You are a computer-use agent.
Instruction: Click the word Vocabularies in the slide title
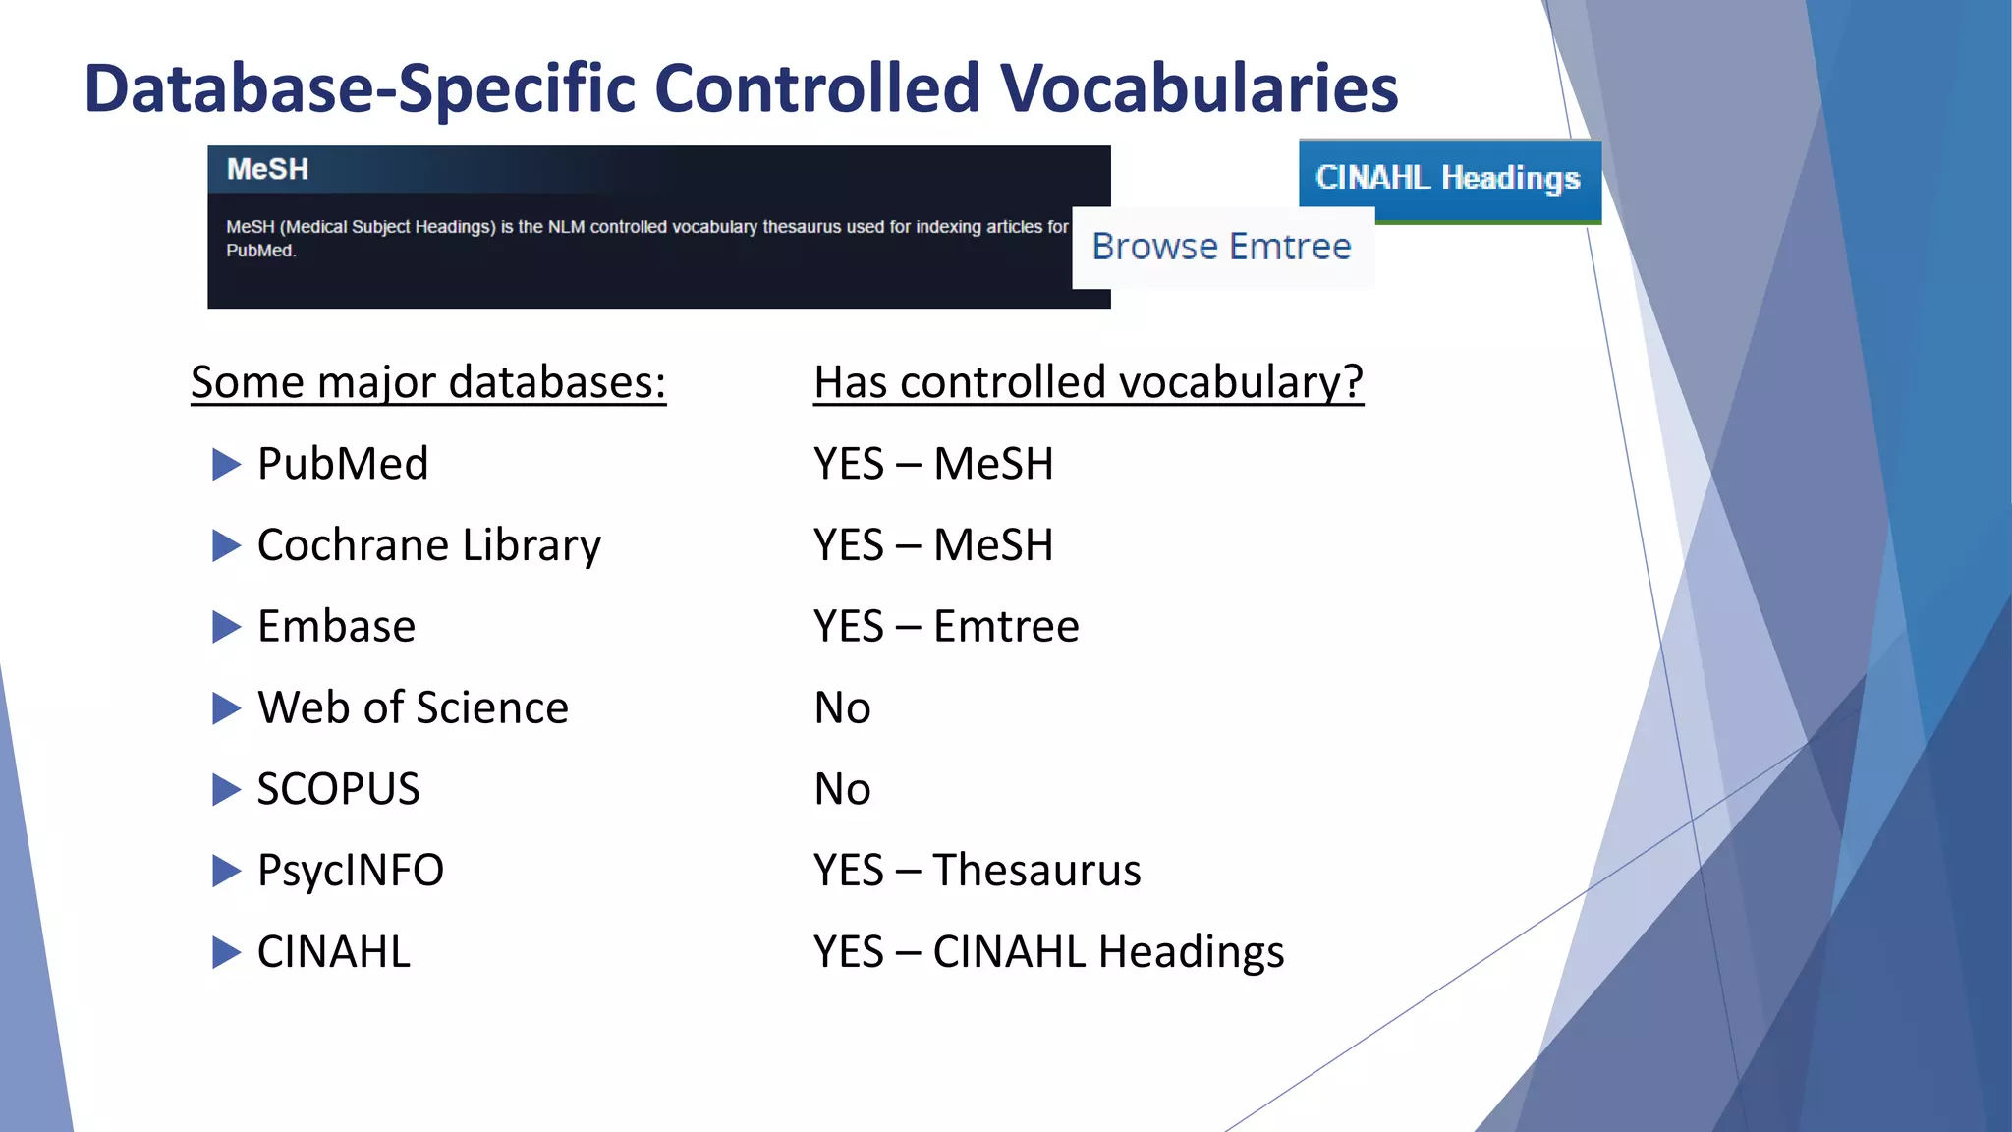(x=1199, y=88)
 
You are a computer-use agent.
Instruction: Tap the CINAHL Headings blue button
(x=1449, y=178)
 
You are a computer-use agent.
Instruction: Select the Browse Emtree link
(x=1221, y=247)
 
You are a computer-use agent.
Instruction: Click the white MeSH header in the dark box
(x=267, y=169)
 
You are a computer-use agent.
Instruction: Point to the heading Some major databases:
(x=428, y=382)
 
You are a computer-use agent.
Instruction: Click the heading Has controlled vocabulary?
(x=1088, y=382)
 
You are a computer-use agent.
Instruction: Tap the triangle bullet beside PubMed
(x=226, y=464)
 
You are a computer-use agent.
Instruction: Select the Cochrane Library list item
(x=428, y=545)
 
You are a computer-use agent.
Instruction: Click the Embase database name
(x=336, y=627)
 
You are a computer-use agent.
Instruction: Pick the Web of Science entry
(x=413, y=707)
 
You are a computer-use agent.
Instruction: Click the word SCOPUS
(x=338, y=789)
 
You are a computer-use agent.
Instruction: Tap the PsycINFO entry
(x=350, y=871)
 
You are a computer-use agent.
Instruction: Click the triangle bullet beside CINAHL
(x=226, y=951)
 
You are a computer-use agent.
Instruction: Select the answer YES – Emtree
(x=946, y=627)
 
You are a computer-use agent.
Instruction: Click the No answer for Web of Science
(x=842, y=707)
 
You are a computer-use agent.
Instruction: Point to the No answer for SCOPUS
(x=842, y=789)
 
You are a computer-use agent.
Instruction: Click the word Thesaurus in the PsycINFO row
(x=1036, y=871)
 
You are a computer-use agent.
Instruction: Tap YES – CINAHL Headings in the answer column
(x=1048, y=951)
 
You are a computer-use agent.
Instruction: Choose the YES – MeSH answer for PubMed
(x=933, y=464)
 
